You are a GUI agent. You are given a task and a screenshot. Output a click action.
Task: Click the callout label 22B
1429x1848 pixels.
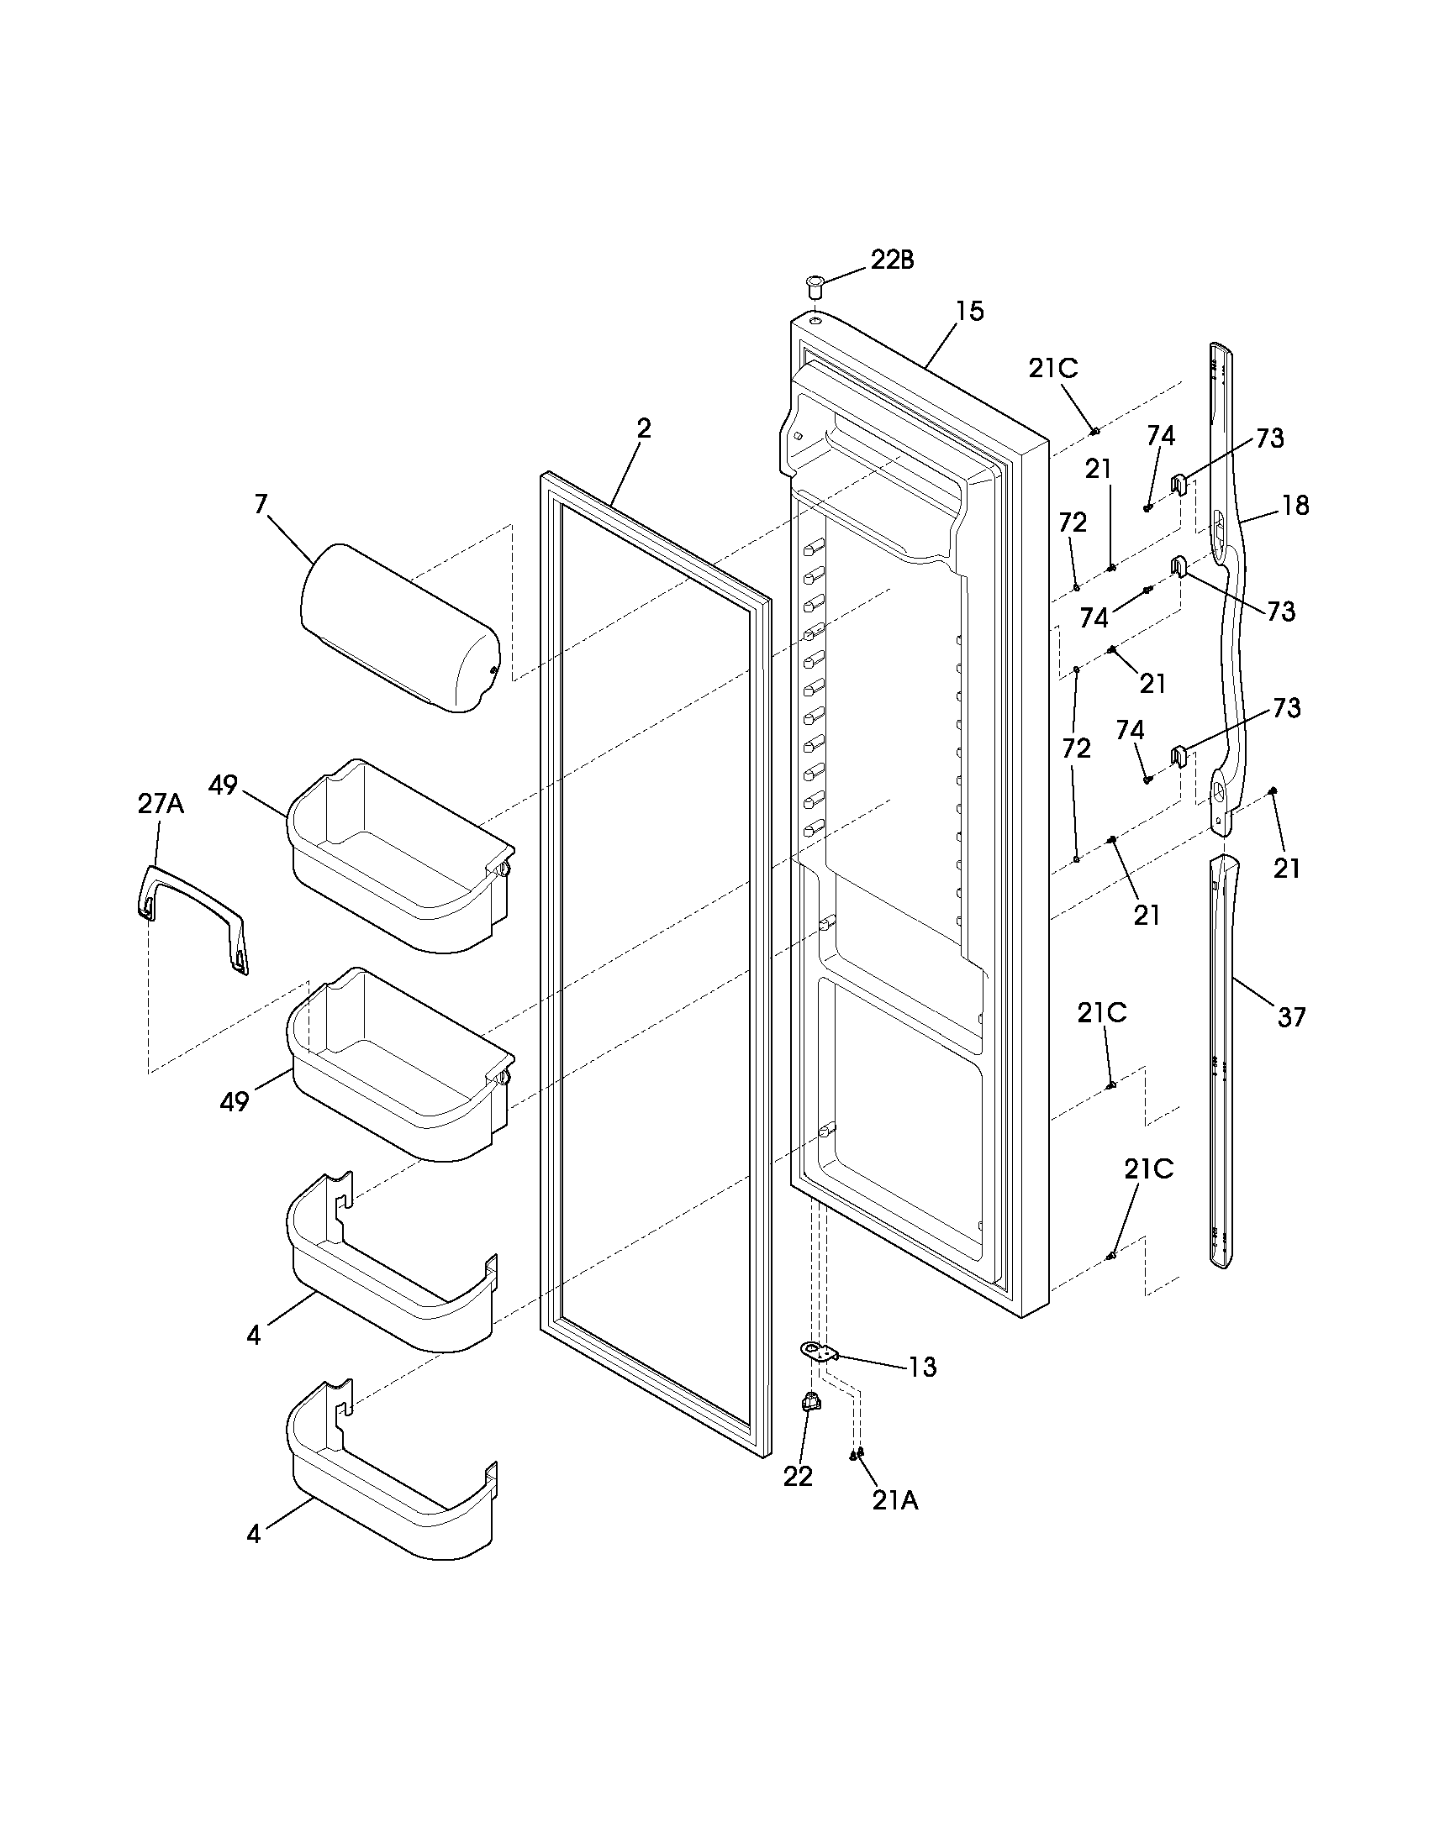pyautogui.click(x=892, y=260)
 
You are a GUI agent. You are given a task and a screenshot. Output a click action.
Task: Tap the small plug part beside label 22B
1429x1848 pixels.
pyautogui.click(x=815, y=285)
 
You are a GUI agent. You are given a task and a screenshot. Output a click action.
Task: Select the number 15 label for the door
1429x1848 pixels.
pyautogui.click(x=970, y=312)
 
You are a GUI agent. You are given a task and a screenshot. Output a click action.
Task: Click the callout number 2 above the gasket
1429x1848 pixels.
pyautogui.click(x=644, y=428)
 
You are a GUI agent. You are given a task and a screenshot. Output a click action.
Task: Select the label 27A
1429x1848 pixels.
pyautogui.click(x=161, y=804)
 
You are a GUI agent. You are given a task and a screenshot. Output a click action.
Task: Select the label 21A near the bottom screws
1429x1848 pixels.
pyautogui.click(x=895, y=1500)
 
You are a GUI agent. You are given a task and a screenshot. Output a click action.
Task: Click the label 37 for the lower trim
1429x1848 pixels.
pyautogui.click(x=1291, y=1016)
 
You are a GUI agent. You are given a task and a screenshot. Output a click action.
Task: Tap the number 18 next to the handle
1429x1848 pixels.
pyautogui.click(x=1295, y=506)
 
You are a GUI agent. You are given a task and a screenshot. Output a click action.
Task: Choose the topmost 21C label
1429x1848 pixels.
pyautogui.click(x=1053, y=369)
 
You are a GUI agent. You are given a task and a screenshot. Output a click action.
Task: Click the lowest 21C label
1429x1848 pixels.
pyautogui.click(x=1148, y=1169)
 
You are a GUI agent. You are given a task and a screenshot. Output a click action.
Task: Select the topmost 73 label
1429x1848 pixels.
pyautogui.click(x=1269, y=438)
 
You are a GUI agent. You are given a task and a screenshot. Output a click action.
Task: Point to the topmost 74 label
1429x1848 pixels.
pyautogui.click(x=1161, y=436)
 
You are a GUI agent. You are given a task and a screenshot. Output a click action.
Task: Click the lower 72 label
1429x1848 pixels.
pyautogui.click(x=1076, y=748)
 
